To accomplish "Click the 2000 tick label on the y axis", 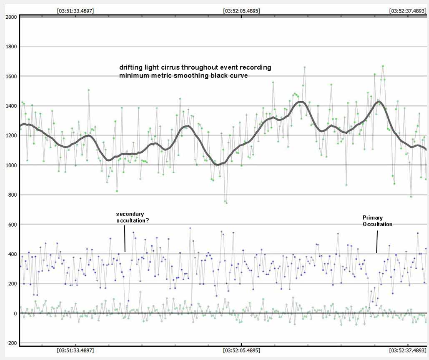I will (11, 17).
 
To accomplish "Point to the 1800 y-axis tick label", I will (11, 47).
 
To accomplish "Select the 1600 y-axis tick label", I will (11, 76).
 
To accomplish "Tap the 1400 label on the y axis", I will (11, 106).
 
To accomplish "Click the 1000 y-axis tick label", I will (11, 165).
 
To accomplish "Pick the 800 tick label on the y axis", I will (12, 195).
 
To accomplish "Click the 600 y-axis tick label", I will (12, 225).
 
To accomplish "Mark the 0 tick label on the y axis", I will (15, 313).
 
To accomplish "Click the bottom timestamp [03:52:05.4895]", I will (241, 350).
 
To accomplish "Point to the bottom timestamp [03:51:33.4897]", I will (75, 350).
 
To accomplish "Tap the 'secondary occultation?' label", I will (133, 218).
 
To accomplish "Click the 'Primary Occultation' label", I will (377, 221).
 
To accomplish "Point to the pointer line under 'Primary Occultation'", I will (377, 242).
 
